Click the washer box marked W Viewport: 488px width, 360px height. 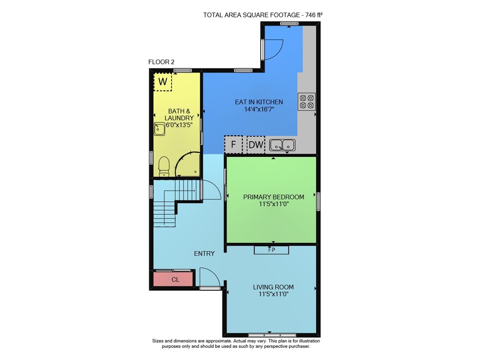point(163,82)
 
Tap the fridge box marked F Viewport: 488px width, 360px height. point(233,145)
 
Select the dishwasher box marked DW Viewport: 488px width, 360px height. point(256,145)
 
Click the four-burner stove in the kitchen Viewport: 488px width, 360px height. point(306,102)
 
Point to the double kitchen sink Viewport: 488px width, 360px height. point(282,145)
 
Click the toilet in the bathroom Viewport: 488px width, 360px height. point(164,166)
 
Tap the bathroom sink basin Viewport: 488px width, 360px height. point(160,129)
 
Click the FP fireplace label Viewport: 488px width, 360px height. point(271,250)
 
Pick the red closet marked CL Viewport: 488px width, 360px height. point(174,279)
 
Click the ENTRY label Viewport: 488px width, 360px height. point(204,254)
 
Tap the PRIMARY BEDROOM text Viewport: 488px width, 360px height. point(274,197)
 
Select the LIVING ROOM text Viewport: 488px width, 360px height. point(273,287)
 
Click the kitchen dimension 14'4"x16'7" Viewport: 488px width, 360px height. point(259,109)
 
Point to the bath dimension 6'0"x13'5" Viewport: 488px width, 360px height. point(179,125)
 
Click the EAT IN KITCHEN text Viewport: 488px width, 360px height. point(259,102)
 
